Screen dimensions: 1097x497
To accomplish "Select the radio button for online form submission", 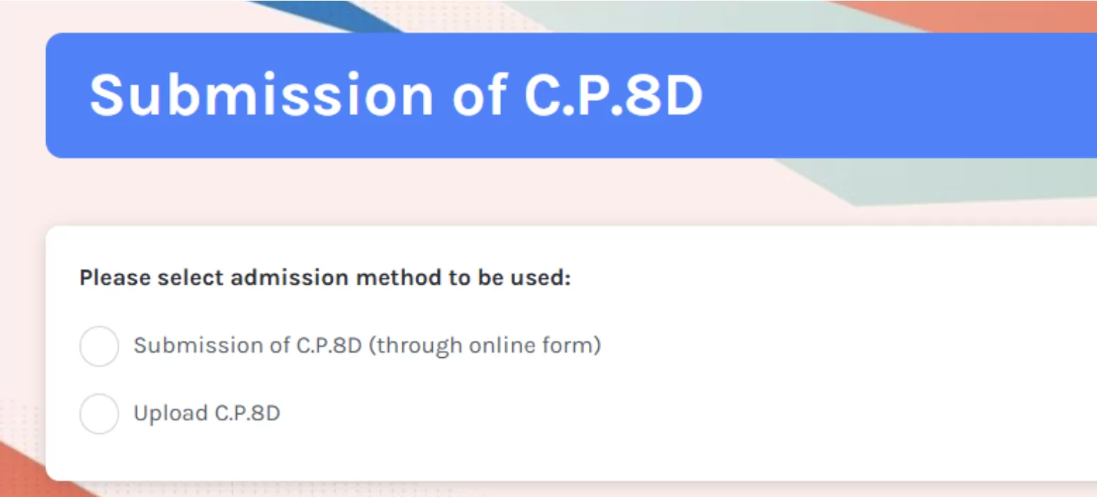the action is tap(99, 346).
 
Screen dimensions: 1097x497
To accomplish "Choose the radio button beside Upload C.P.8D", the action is tap(99, 414).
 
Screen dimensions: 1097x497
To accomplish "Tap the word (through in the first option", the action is tap(415, 346).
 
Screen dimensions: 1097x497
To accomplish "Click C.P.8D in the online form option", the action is tap(329, 345).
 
